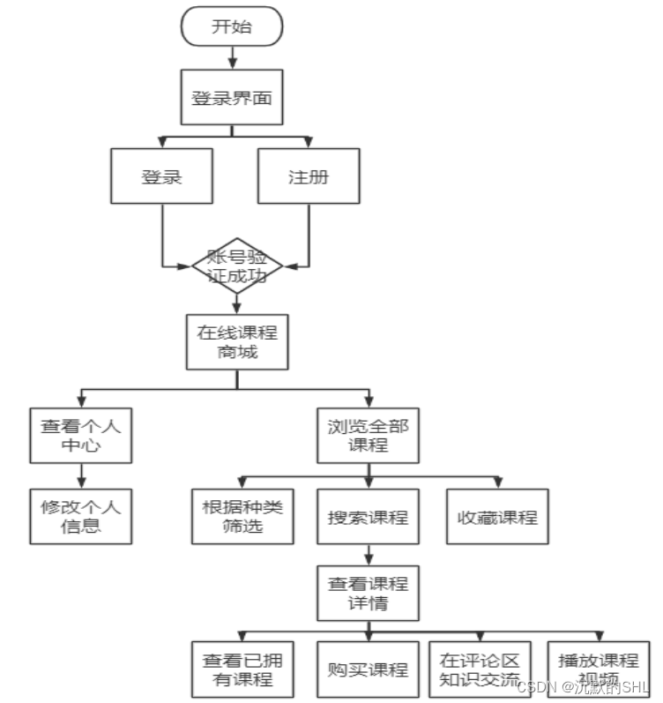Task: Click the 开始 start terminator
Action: tap(232, 26)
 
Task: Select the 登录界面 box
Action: tap(232, 98)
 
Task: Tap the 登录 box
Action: tap(162, 176)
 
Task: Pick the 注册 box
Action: tap(309, 176)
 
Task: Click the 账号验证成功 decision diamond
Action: tap(236, 265)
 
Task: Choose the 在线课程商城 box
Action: tap(236, 342)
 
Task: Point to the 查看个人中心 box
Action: tap(81, 436)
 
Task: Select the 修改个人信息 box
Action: tap(81, 516)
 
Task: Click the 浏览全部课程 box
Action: tap(368, 436)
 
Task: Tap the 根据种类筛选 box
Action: tap(243, 516)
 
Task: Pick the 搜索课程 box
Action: tap(368, 516)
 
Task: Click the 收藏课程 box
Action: tap(497, 516)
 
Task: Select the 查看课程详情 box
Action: tap(368, 593)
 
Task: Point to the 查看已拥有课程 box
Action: tap(243, 669)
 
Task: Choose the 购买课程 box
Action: tap(368, 669)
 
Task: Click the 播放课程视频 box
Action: tap(597, 669)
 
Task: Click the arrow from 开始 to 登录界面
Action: tap(232, 57)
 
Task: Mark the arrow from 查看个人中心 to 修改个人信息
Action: tap(81, 476)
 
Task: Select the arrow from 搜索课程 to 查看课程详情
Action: tap(368, 555)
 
